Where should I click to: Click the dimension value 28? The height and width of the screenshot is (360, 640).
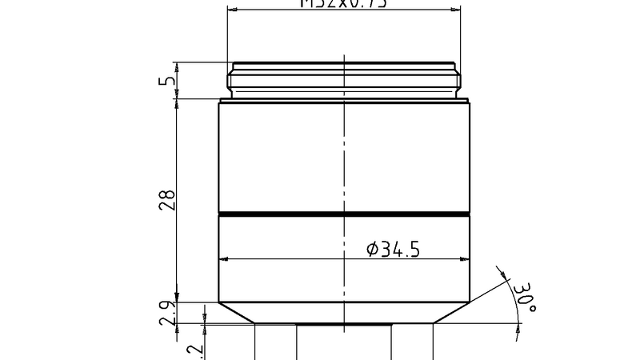point(167,201)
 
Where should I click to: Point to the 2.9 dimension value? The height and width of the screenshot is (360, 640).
point(167,313)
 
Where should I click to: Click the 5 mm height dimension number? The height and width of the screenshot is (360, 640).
point(167,81)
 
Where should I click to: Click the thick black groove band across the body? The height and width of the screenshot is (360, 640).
point(344,214)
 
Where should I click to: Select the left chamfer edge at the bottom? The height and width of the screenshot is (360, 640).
point(237,313)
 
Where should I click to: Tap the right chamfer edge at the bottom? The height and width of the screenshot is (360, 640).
point(452,313)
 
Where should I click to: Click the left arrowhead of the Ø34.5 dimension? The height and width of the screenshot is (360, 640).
point(225,259)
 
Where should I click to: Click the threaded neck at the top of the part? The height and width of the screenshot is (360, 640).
point(344,78)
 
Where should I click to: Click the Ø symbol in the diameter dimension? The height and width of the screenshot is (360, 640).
point(372,249)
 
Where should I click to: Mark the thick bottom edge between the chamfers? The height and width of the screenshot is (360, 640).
point(344,323)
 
